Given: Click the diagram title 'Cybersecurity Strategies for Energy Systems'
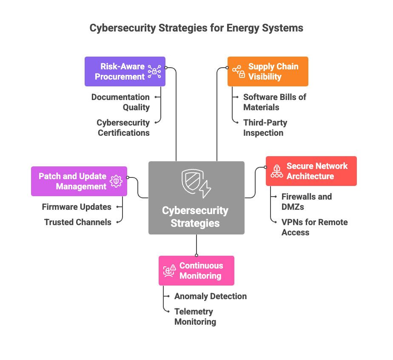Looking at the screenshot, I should coord(196,28).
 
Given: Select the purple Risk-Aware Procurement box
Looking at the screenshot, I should coord(125,71).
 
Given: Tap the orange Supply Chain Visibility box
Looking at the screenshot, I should coord(268,71).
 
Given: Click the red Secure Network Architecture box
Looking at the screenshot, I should coord(311,171).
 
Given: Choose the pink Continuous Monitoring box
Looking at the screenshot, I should coord(196,271).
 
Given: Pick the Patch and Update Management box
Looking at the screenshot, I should coord(79,181).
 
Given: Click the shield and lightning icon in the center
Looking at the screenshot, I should coord(196,183).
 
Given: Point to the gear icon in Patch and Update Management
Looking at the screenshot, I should coord(116,181).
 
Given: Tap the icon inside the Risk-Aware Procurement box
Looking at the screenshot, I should coord(154,72).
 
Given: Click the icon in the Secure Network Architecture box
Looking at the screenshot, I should coord(276,171).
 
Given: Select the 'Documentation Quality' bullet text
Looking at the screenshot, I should coord(120,102).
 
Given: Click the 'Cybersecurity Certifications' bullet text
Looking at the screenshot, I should coord(123,128).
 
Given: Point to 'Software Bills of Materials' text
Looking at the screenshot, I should coord(274,102).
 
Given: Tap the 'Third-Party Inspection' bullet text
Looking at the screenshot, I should coord(265,128).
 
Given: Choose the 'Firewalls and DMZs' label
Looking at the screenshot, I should coord(306,202).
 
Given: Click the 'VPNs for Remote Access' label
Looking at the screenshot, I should coord(314,227).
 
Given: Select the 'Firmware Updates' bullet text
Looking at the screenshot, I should coord(77,207).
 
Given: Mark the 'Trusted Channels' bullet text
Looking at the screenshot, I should coord(78,222).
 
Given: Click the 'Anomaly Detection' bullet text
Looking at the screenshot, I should coord(210,296).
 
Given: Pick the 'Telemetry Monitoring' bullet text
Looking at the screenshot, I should coord(195,317).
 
